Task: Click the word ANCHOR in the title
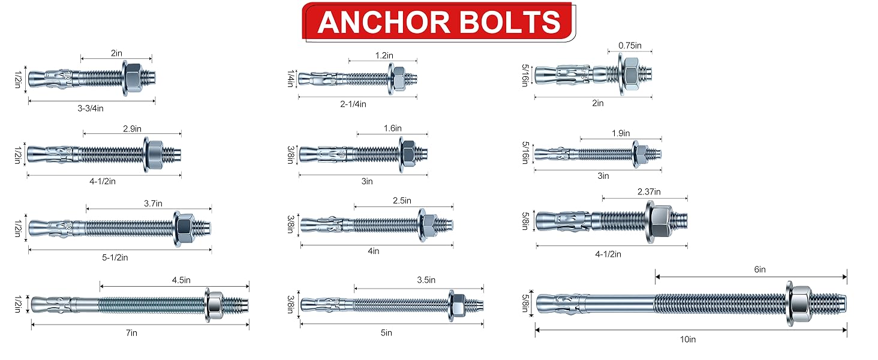(384, 22)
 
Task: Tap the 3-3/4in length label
(91, 108)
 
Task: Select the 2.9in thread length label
(132, 128)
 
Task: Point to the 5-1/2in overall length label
(115, 257)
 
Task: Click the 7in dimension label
(132, 333)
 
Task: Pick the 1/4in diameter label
(291, 79)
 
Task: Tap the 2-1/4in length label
(353, 104)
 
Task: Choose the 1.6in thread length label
(393, 128)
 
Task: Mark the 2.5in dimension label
(402, 200)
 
